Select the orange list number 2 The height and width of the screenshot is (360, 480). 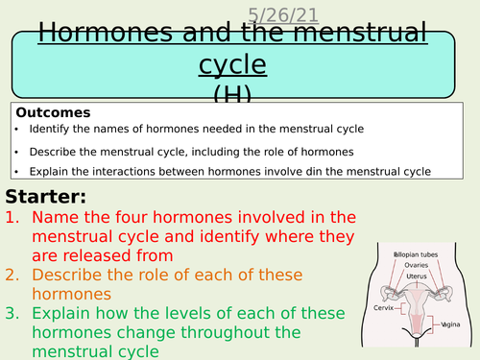(14, 275)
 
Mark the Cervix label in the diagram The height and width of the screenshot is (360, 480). (382, 309)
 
